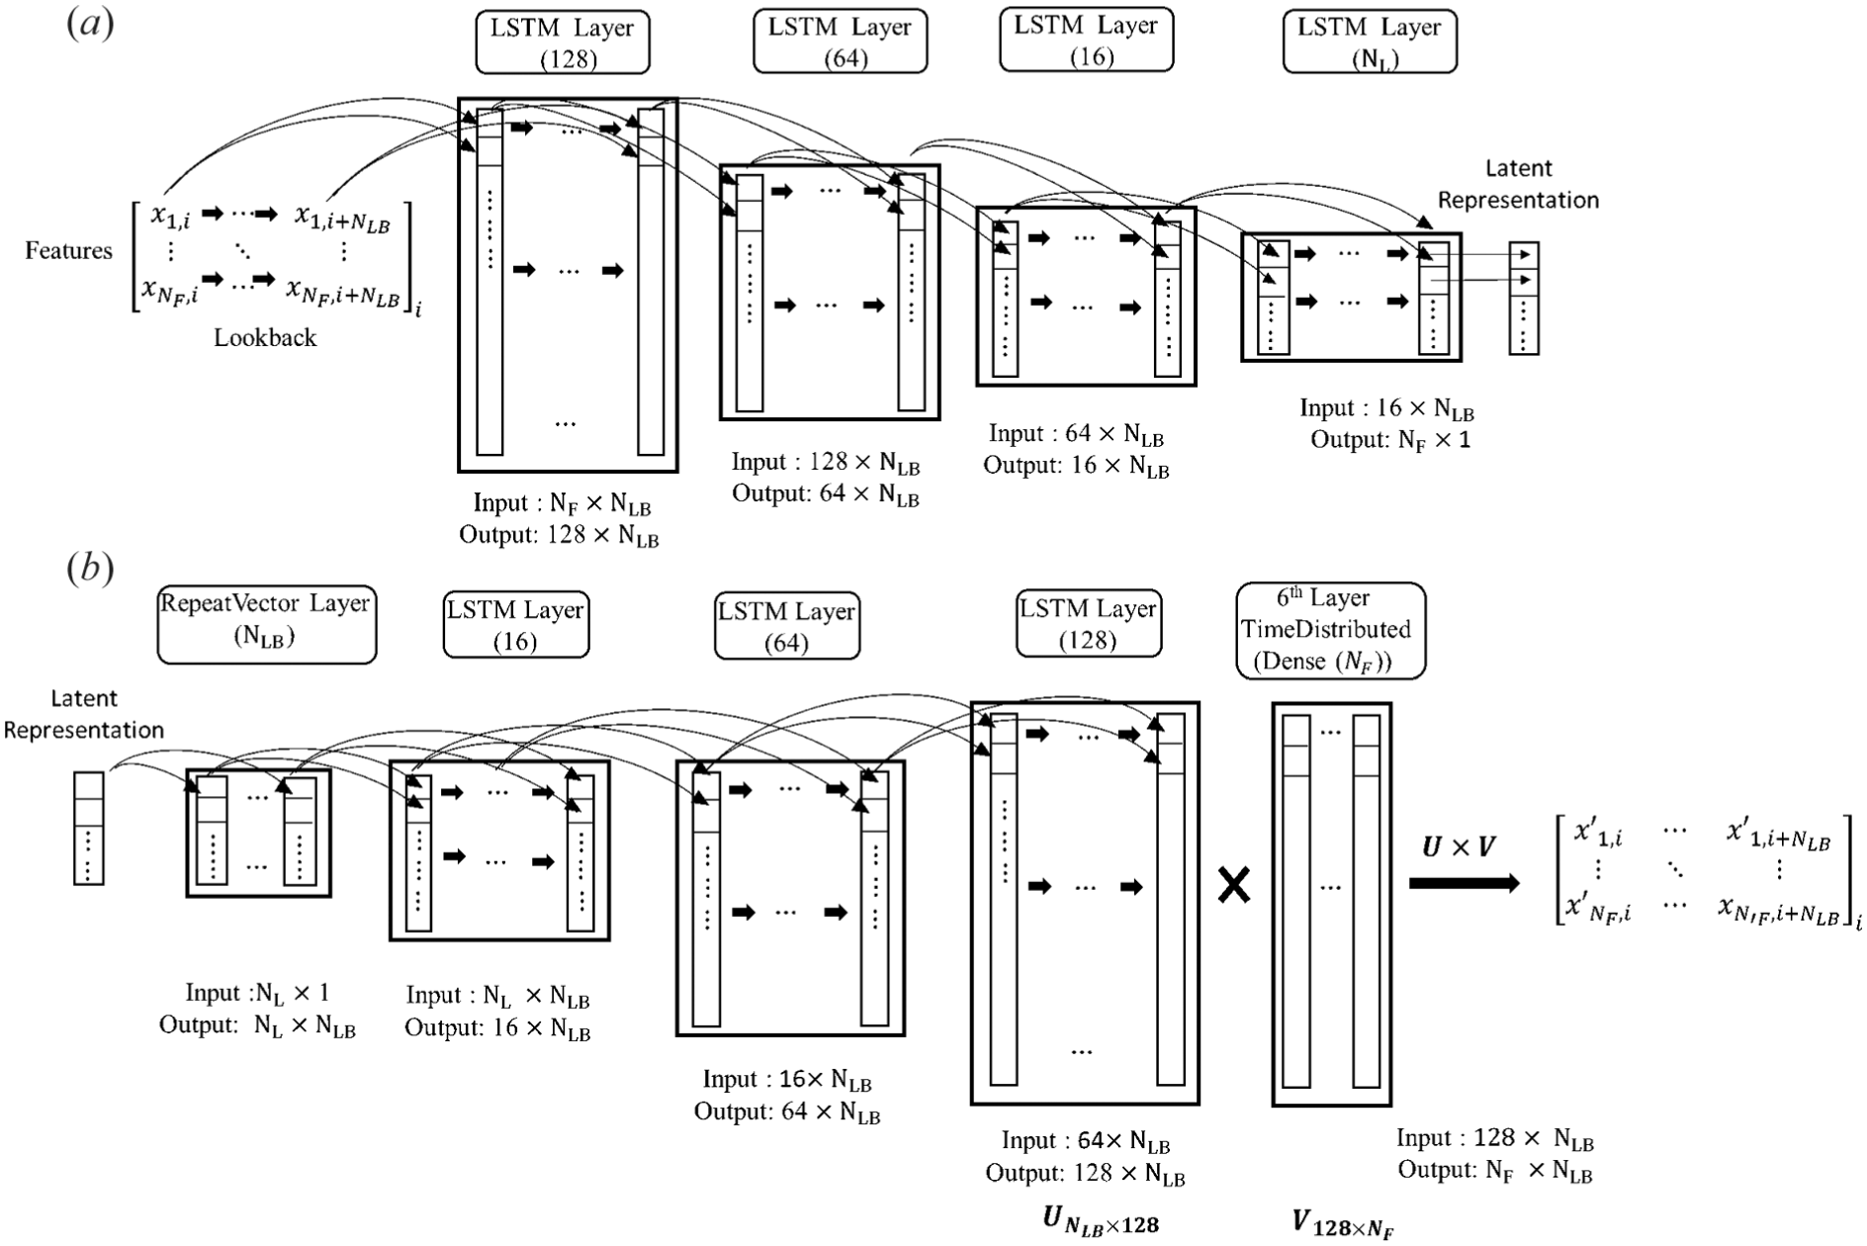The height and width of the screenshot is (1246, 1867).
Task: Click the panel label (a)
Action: point(90,23)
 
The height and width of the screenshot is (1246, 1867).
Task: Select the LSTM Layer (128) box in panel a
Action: point(563,42)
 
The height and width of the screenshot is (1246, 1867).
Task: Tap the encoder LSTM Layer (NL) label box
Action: point(1370,42)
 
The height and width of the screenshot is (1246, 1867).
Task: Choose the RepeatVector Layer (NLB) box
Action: point(267,623)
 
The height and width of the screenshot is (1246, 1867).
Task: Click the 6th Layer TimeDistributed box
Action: point(1331,630)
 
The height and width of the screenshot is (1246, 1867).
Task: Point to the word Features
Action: point(69,250)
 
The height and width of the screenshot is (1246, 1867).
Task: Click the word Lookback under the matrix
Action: point(265,337)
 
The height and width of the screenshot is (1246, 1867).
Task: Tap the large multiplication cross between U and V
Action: point(1234,885)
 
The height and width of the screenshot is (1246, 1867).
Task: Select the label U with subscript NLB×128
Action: point(1101,1220)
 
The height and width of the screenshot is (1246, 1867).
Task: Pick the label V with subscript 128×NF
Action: point(1343,1223)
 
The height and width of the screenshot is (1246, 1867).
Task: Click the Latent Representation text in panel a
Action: point(1518,184)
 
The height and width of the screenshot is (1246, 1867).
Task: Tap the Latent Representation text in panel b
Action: point(84,714)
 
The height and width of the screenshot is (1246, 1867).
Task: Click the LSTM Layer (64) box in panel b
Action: point(787,626)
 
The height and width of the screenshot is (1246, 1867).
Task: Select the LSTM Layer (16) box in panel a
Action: point(1086,40)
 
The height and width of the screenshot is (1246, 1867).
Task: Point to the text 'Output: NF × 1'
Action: point(1390,440)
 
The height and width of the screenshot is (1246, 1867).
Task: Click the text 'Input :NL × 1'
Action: point(257,993)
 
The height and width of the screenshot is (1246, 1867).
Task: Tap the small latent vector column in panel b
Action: point(89,828)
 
